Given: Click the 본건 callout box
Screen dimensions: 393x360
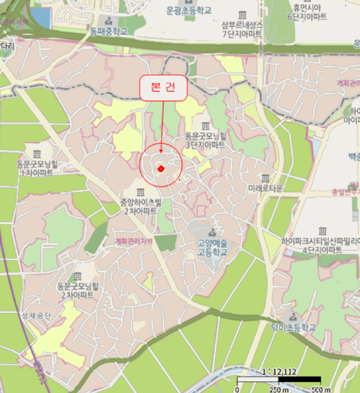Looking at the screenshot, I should (163, 88).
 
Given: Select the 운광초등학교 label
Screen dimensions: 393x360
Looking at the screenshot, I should (189, 10).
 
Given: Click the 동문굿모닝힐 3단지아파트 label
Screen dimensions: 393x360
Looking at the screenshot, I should (205, 140).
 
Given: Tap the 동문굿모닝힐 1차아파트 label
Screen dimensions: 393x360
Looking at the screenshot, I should (38, 168).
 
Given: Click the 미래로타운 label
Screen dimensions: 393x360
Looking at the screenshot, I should (265, 189).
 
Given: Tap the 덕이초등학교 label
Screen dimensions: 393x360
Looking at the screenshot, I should (293, 327).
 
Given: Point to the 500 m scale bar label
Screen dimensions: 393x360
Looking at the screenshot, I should (321, 389).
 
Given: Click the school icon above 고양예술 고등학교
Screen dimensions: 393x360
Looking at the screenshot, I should (212, 232).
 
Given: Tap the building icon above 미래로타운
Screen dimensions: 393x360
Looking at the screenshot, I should (265, 178).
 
